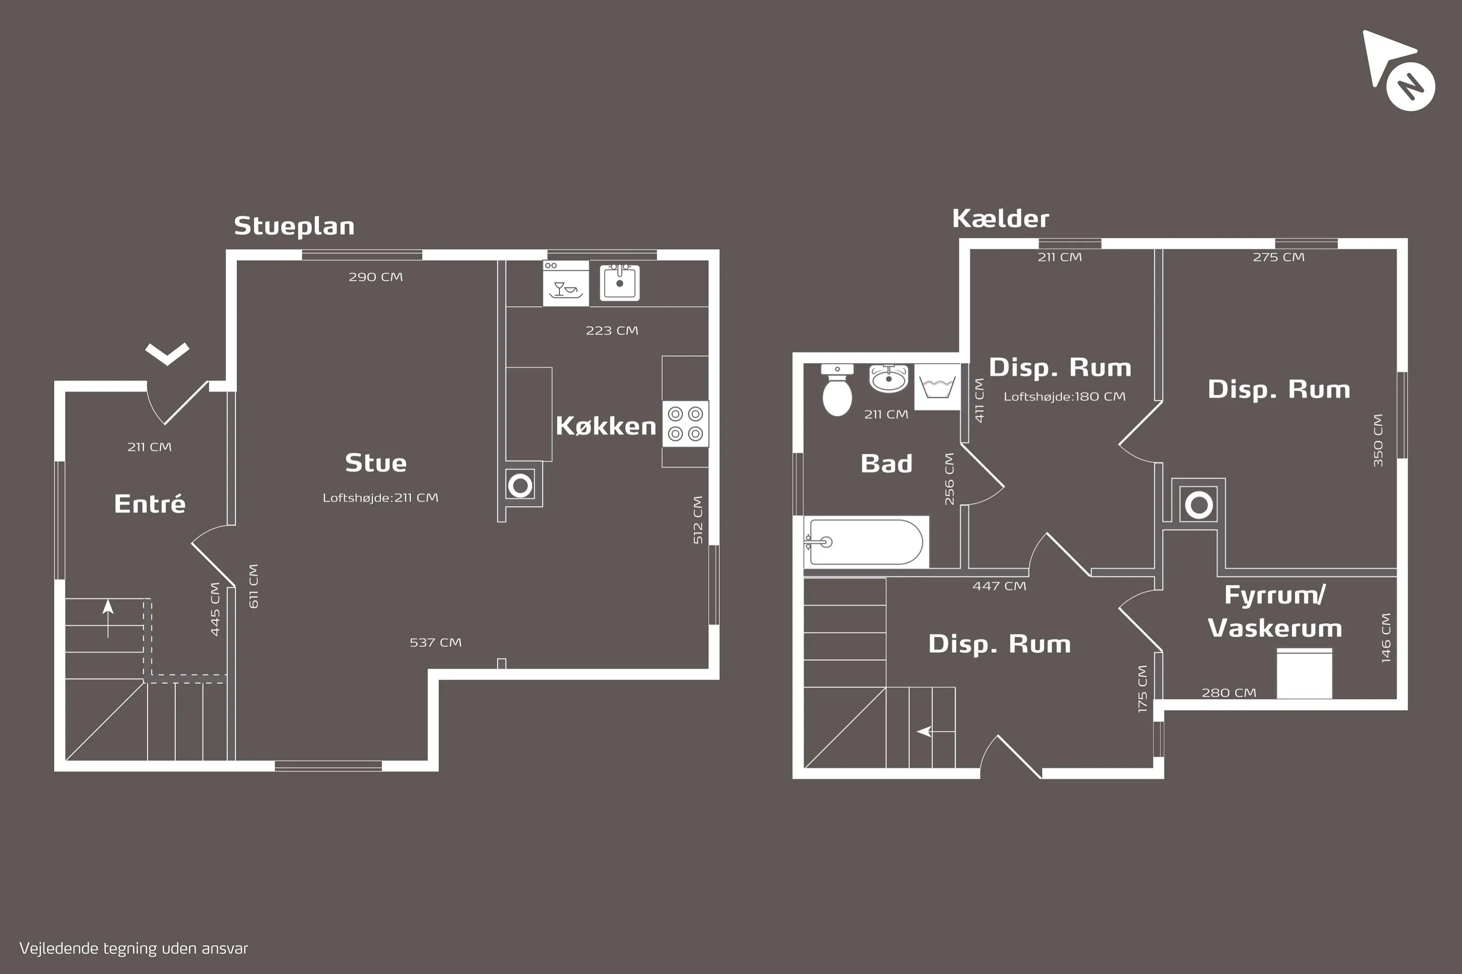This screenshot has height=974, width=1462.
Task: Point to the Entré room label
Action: pos(150,503)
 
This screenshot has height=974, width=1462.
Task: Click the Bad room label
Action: pos(886,464)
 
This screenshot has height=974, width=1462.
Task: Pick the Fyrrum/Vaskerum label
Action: pos(1274,611)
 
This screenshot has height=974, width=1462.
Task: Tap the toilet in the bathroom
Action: pos(837,390)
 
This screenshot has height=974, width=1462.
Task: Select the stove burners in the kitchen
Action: pos(685,424)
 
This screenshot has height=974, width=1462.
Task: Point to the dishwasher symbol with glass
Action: pos(566,284)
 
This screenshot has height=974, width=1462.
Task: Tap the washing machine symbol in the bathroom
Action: pos(937,386)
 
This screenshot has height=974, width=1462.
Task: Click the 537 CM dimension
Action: pos(436,642)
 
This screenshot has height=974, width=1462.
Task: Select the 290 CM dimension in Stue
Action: pos(375,277)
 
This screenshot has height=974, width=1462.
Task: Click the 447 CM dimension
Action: pos(1000,586)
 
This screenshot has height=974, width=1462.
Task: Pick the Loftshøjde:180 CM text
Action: pos(1064,396)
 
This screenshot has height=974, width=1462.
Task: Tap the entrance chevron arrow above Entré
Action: pos(167,354)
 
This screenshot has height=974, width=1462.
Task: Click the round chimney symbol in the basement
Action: pos(1199,505)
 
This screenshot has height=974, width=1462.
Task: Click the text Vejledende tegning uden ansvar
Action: pos(134,949)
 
